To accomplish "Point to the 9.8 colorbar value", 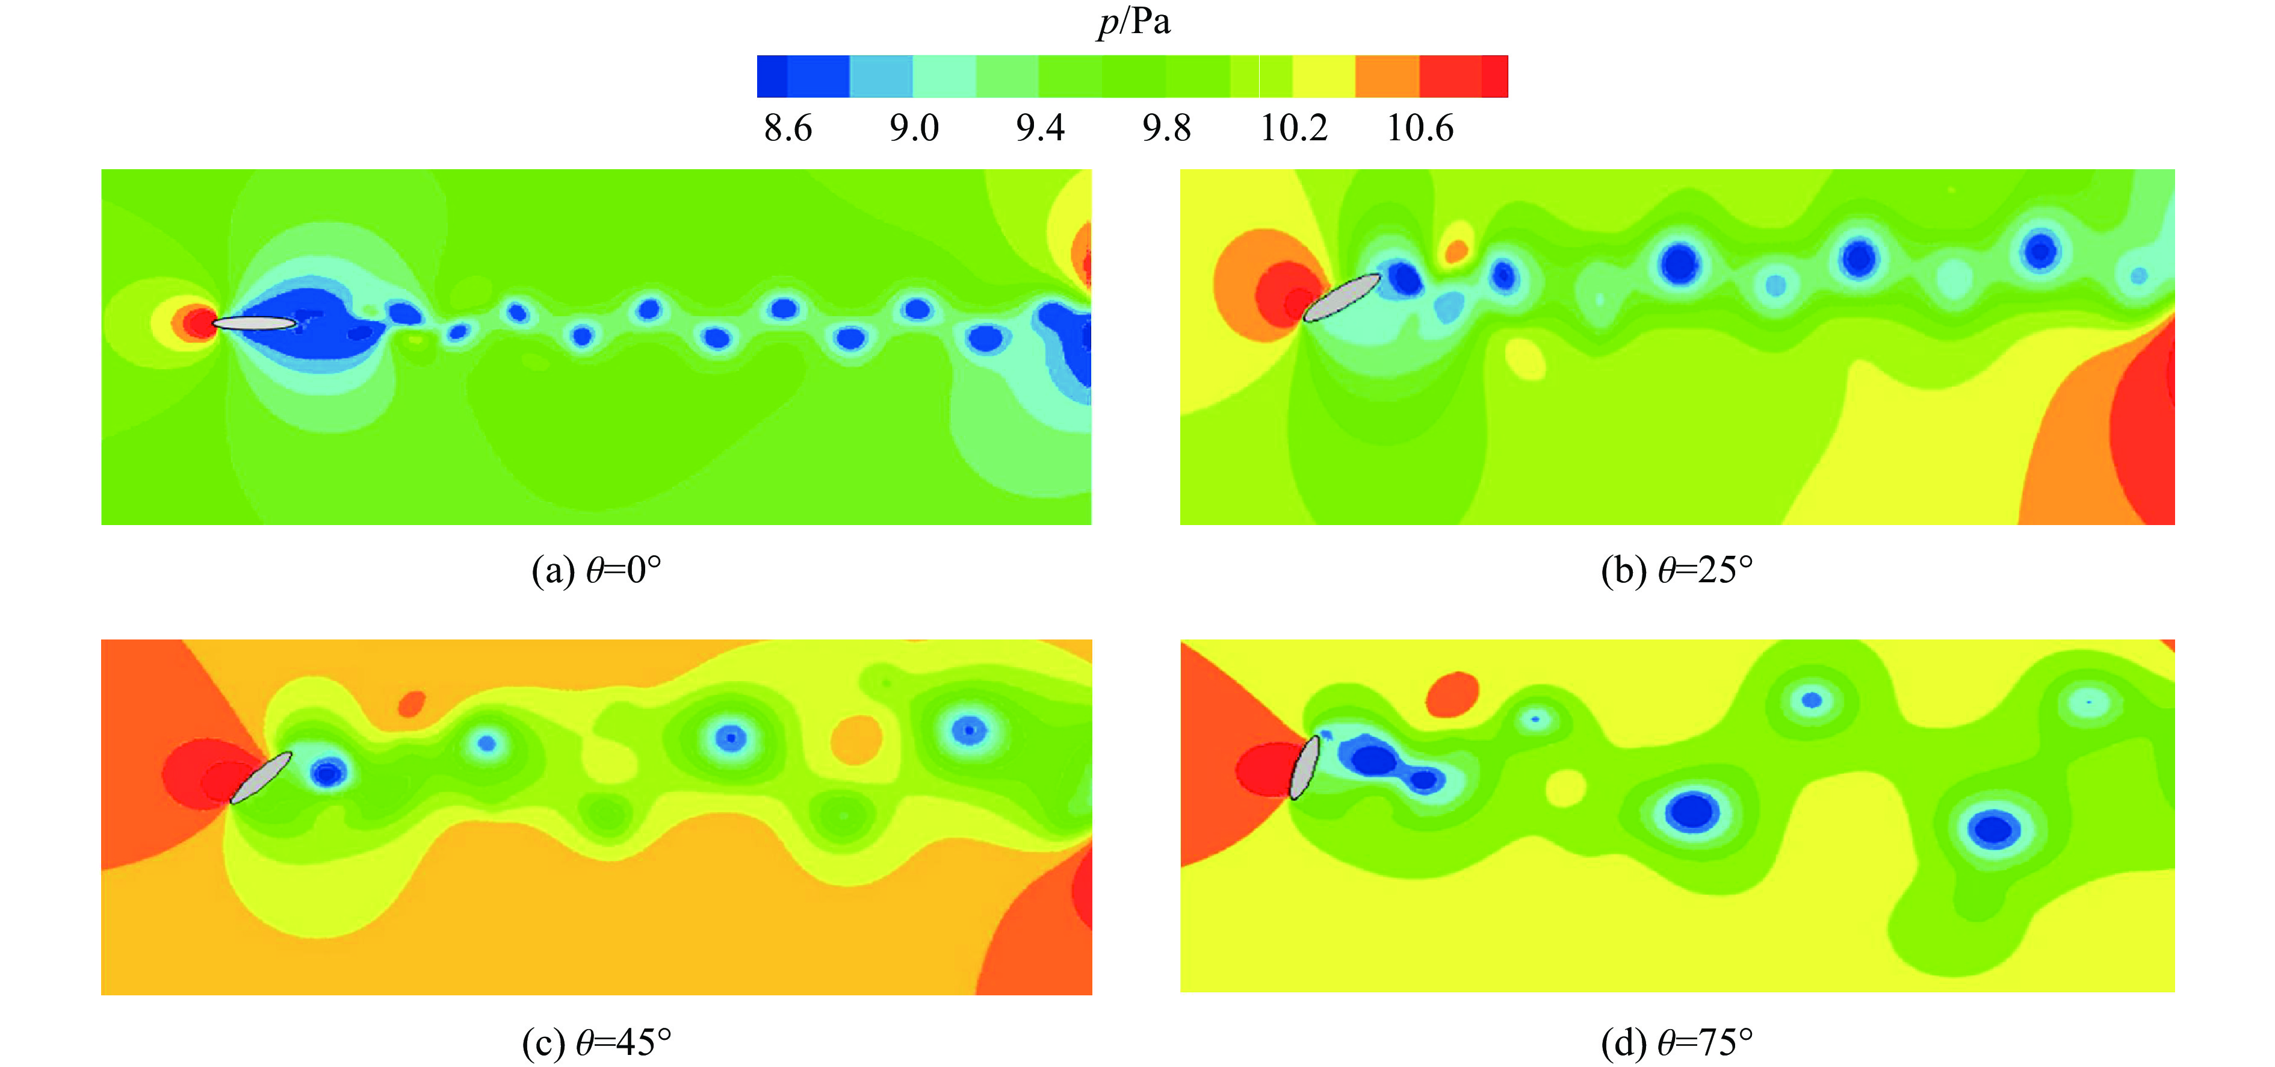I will click(x=1166, y=129).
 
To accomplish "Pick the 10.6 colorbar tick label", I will click(x=1419, y=129).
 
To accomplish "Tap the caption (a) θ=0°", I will click(x=596, y=571).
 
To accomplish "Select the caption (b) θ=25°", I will click(x=1676, y=571).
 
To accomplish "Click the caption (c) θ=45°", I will click(x=596, y=1043).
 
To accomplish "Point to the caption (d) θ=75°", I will click(x=1676, y=1043).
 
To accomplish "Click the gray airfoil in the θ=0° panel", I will click(x=255, y=323).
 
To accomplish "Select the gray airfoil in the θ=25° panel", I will click(x=1342, y=297).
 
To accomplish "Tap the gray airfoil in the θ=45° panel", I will click(x=261, y=777).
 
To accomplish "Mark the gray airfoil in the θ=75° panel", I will click(x=1304, y=767).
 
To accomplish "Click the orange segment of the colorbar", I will click(x=1387, y=76).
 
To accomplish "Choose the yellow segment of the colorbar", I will click(x=1323, y=76).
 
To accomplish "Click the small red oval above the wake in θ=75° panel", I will click(x=1452, y=694).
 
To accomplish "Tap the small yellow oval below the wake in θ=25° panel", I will click(x=1525, y=359).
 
